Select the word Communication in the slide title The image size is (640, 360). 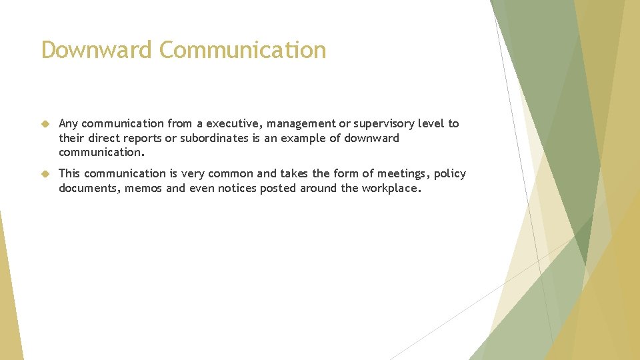243,50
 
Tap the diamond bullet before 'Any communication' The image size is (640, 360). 45,124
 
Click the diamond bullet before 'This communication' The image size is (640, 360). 45,174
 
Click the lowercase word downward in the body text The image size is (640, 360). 372,138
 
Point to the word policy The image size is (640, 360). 450,173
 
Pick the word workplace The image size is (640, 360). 391,188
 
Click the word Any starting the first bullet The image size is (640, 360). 69,123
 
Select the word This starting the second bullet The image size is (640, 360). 69,173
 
